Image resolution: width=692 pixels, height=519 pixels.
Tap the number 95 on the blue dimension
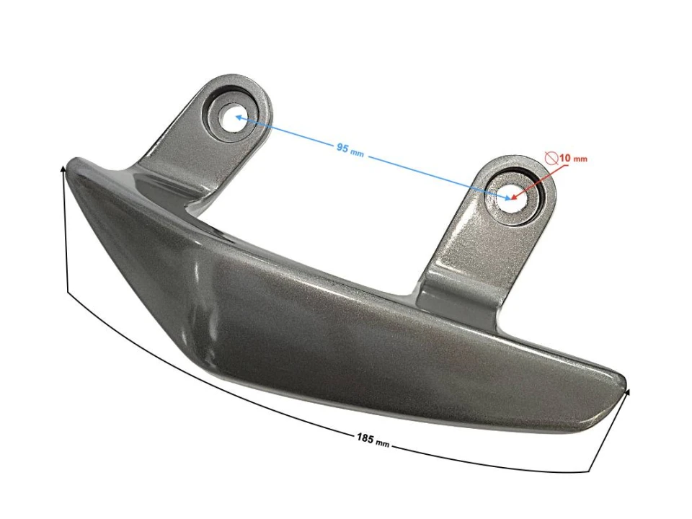[342, 146]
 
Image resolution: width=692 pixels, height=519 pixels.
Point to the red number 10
[564, 157]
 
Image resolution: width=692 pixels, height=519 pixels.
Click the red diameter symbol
[551, 156]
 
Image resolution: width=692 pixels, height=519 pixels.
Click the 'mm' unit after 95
[358, 151]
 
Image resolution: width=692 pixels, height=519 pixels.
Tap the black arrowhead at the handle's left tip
[63, 170]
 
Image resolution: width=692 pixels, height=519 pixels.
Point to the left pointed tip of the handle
[71, 163]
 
